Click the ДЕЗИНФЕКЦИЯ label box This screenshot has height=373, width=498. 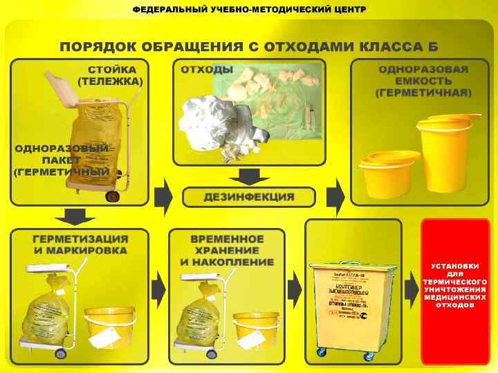(248, 197)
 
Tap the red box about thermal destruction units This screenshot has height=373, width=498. (455, 290)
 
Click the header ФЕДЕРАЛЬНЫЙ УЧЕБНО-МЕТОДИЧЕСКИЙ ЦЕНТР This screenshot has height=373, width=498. (249, 10)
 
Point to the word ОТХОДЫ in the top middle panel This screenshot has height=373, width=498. (207, 70)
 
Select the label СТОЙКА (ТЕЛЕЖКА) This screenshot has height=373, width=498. (111, 76)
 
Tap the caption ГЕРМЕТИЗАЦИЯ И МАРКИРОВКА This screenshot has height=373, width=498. (80, 245)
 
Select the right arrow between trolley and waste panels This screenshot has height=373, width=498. (163, 197)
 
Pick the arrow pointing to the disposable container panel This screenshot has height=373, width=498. (335, 197)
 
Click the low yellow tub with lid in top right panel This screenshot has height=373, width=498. (389, 173)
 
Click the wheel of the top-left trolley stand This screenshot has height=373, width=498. (112, 196)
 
